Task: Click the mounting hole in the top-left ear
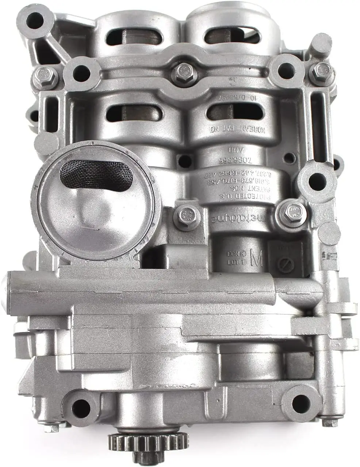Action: [x=35, y=21]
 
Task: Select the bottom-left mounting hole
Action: [x=78, y=404]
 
